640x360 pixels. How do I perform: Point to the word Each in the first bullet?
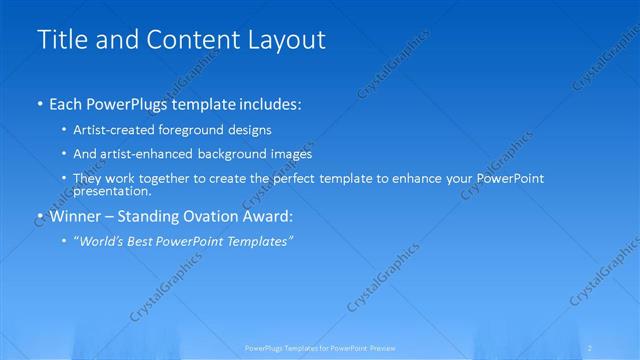(x=66, y=104)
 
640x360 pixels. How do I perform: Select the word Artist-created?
(x=110, y=130)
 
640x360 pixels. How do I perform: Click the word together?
(x=167, y=178)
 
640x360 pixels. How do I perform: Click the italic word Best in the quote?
(x=144, y=241)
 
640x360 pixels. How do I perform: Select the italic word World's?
(x=101, y=241)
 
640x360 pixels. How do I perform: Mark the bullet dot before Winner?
(x=39, y=216)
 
